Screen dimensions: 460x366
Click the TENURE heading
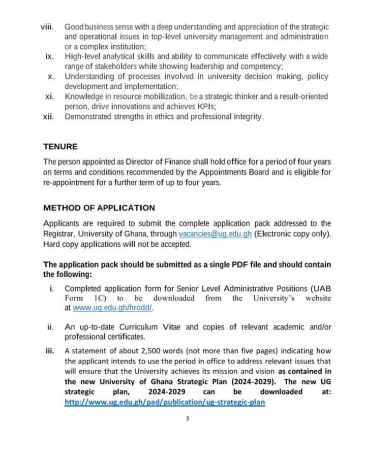[60, 147]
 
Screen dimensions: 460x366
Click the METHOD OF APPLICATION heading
[99, 208]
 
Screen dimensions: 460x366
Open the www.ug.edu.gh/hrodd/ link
[113, 308]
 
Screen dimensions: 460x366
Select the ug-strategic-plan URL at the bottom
[164, 402]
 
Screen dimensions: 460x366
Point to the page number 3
[188, 419]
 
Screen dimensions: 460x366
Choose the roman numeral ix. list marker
[50, 56]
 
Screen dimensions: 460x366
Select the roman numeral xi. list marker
[50, 96]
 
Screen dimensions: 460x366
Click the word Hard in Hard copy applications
[52, 244]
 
